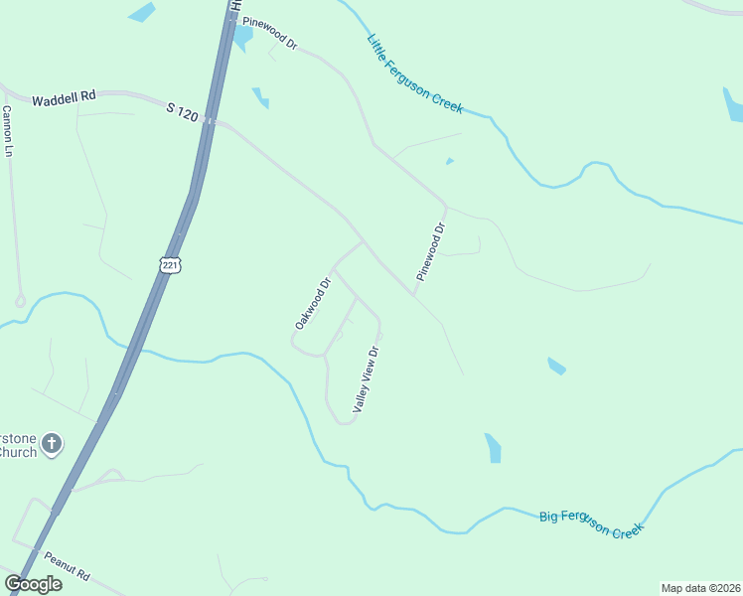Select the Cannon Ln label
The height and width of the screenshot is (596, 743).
coord(8,131)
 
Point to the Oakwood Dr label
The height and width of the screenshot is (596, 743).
coord(312,303)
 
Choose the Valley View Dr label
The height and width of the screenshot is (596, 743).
coord(367,379)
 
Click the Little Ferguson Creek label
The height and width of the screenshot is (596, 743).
coord(414,74)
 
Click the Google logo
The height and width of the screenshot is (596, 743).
coord(34,584)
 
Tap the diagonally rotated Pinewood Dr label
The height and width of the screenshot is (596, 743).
coord(431,252)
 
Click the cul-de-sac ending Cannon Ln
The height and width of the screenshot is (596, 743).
coord(20,300)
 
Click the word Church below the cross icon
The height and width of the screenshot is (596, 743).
coord(16,453)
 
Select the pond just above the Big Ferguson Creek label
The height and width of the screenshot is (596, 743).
coord(493,448)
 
